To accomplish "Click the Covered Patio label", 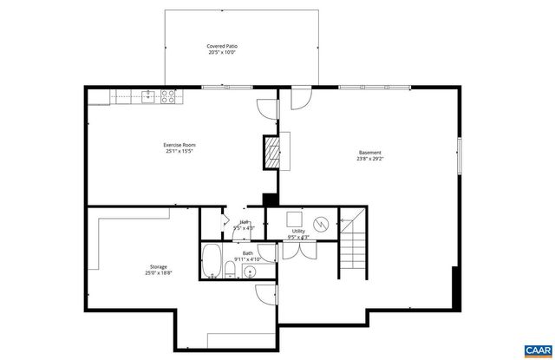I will click(221, 45).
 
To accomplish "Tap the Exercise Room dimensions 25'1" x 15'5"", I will click(179, 151).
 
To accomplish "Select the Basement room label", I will click(369, 153).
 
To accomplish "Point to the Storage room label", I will click(158, 266).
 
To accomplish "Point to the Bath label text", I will click(247, 253).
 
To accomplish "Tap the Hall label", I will click(245, 223).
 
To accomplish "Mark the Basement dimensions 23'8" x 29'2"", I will click(369, 159).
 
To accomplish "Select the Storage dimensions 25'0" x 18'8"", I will click(158, 273).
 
